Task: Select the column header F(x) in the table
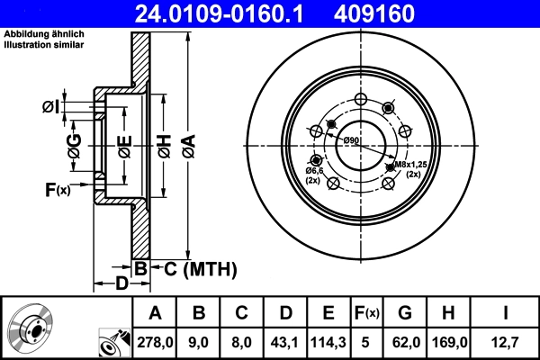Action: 366,313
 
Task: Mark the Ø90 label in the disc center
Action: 351,140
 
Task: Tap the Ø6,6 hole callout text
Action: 314,170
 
